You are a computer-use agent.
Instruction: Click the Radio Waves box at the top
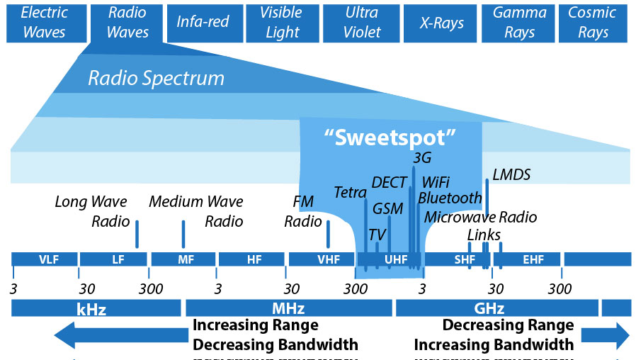(x=129, y=22)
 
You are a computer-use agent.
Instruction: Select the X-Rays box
(x=442, y=22)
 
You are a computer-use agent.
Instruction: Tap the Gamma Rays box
(x=520, y=22)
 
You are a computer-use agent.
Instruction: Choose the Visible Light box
(x=281, y=22)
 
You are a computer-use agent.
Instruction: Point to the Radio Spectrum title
(x=156, y=78)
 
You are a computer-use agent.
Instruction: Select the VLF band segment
(x=44, y=259)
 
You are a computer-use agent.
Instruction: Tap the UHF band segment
(x=395, y=259)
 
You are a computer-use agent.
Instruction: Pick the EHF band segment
(x=533, y=259)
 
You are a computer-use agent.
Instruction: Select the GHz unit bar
(x=495, y=308)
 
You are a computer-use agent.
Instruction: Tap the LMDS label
(x=511, y=174)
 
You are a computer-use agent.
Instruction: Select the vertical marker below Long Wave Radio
(x=137, y=234)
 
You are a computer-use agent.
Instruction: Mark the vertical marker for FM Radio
(x=328, y=234)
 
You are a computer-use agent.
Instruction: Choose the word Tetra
(x=350, y=193)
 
